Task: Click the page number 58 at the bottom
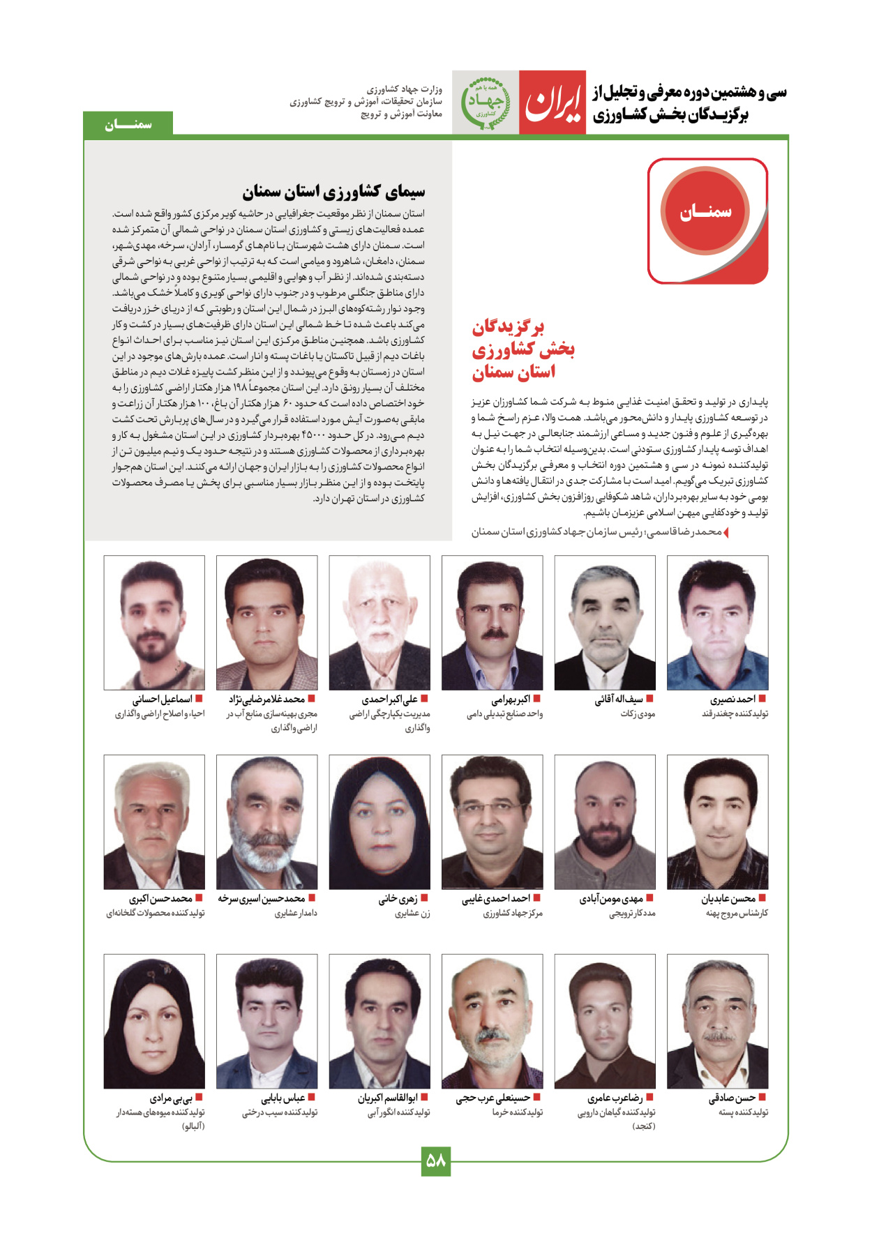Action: click(x=435, y=1161)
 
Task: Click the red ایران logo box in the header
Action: click(x=552, y=103)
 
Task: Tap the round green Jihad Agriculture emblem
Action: click(x=485, y=103)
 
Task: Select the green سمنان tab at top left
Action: click(x=128, y=124)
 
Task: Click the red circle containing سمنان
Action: click(x=705, y=211)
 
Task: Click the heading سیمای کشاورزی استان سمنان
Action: click(x=333, y=191)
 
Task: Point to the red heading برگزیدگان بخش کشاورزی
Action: click(x=523, y=349)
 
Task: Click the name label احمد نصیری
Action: click(x=732, y=699)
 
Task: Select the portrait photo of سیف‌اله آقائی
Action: click(x=605, y=622)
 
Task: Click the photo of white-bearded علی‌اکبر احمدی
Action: click(x=379, y=622)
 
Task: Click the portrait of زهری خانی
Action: click(x=379, y=822)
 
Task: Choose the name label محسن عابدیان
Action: click(x=728, y=898)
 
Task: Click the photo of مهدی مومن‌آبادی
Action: click(x=605, y=822)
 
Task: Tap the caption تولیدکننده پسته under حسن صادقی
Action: click(x=743, y=1112)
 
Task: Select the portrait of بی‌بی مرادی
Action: click(x=154, y=1021)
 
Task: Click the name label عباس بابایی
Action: click(x=283, y=1098)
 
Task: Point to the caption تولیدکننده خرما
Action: click(x=517, y=1112)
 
